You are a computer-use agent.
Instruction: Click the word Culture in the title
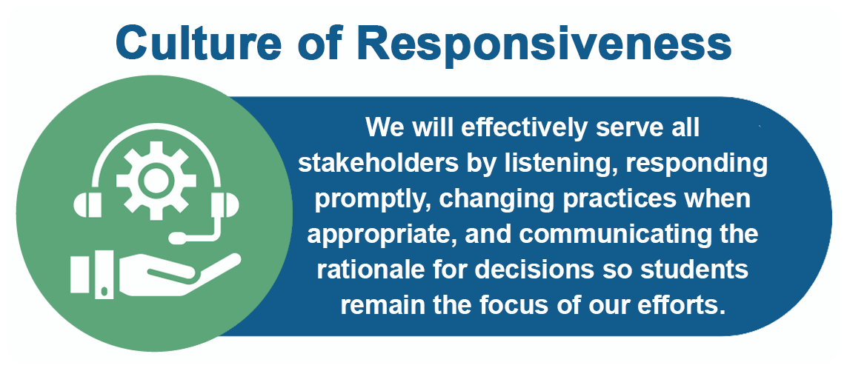click(197, 43)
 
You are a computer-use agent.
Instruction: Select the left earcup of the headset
click(87, 206)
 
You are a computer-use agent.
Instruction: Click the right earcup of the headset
click(225, 206)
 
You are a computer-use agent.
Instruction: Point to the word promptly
click(372, 201)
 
